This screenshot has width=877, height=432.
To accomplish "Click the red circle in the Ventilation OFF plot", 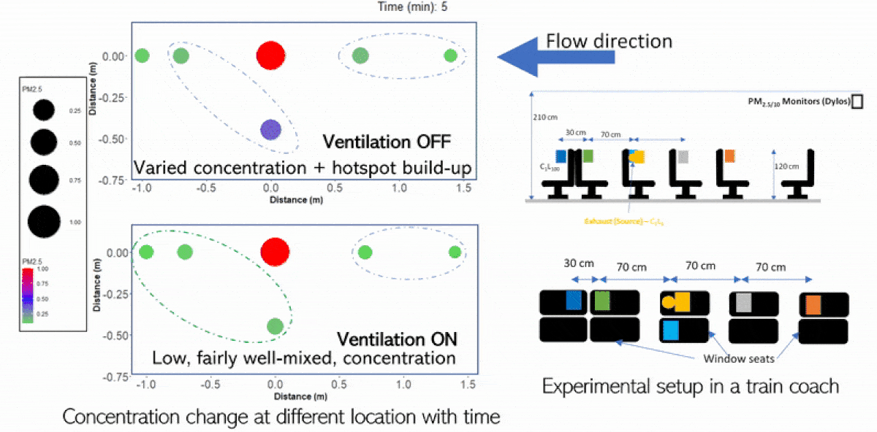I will [270, 55].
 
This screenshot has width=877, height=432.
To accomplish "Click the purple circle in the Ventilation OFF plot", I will [270, 130].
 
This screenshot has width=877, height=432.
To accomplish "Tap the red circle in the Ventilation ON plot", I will [275, 252].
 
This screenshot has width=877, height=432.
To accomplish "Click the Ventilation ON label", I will [396, 339].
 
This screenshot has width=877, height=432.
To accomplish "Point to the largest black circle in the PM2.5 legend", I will [43, 221].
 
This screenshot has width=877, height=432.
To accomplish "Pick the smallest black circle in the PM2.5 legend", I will [43, 111].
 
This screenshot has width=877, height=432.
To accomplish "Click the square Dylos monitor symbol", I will [857, 101].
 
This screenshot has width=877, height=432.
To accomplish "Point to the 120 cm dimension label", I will [789, 167].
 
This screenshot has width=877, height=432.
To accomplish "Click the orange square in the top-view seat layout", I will [811, 304].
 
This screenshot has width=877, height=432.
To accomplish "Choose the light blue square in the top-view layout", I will [669, 331].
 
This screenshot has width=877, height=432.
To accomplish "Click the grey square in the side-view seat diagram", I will [683, 156].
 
